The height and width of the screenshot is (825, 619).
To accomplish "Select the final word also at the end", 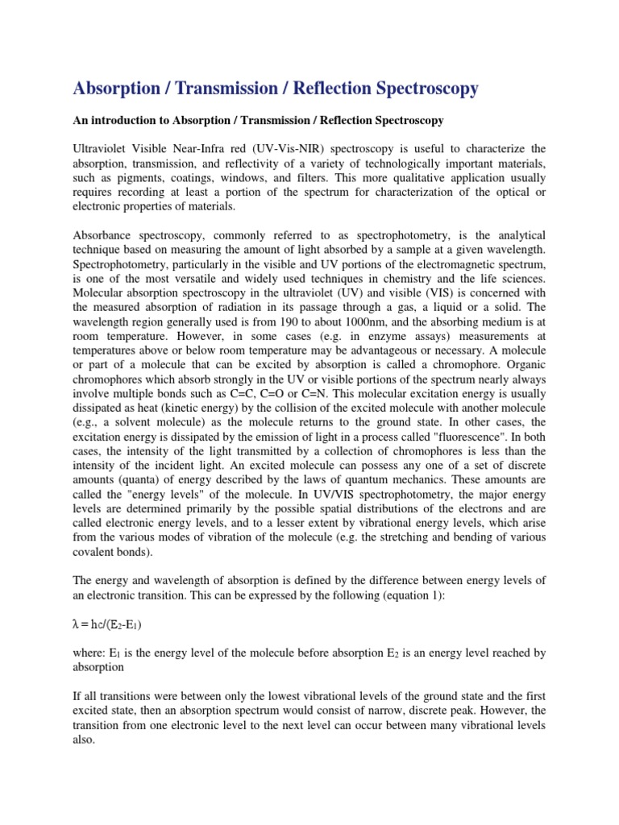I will pyautogui.click(x=83, y=740).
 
